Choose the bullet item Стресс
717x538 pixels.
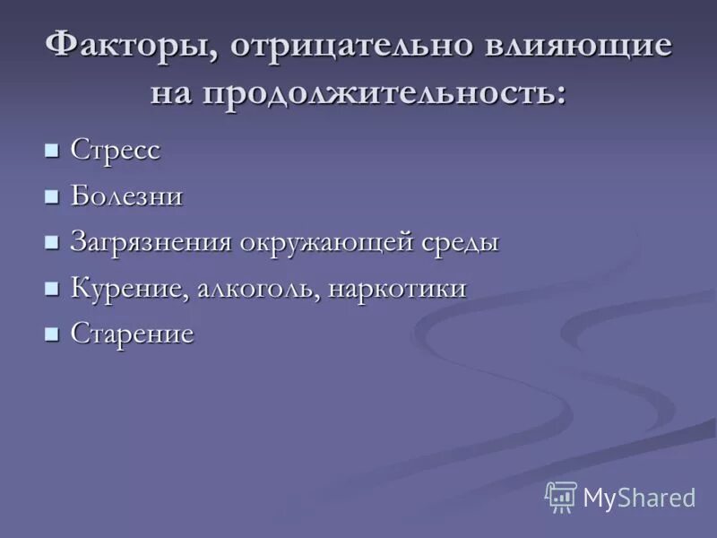click(x=116, y=151)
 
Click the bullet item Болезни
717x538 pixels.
click(x=126, y=196)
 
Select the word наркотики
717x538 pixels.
click(x=397, y=289)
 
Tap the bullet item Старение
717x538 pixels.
click(x=132, y=335)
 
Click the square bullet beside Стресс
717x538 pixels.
click(x=52, y=149)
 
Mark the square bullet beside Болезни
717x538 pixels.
click(x=52, y=195)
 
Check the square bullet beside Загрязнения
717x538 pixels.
click(x=52, y=241)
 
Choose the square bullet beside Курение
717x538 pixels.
click(x=52, y=287)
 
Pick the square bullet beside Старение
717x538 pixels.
click(x=52, y=334)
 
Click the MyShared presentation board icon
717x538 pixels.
click(x=561, y=497)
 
